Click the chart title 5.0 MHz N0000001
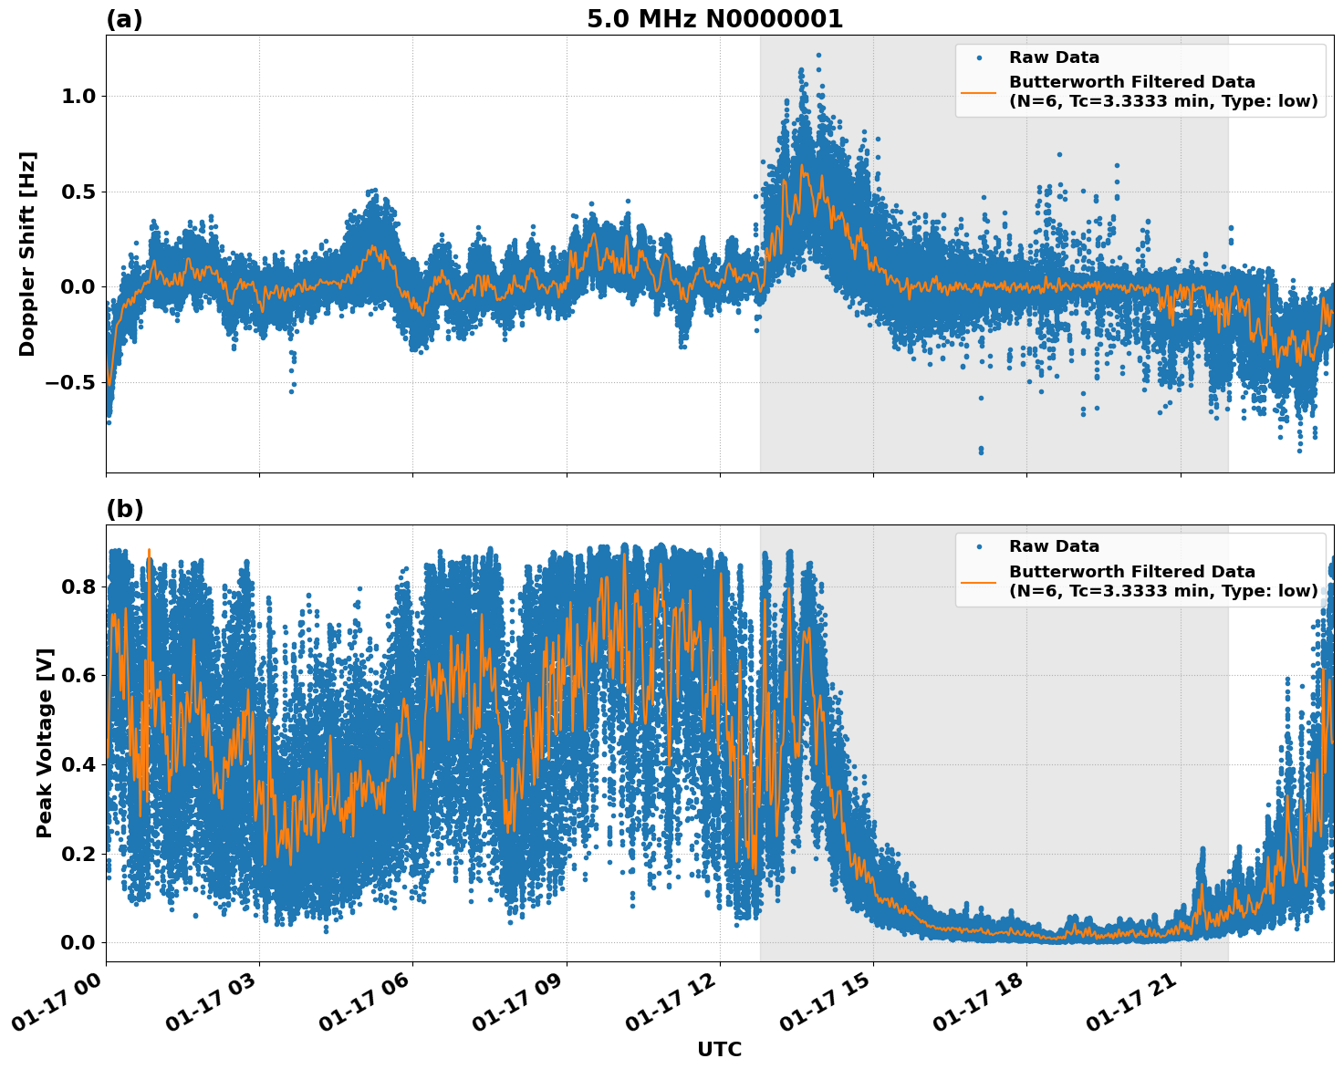coord(714,19)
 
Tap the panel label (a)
coord(124,19)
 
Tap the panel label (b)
coord(124,509)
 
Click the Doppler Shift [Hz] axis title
coord(27,254)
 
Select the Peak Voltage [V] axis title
coord(45,742)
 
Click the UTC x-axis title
coord(719,1049)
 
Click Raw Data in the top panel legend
coord(1054,57)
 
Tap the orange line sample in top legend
coord(978,92)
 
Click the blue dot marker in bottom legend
coord(978,546)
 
